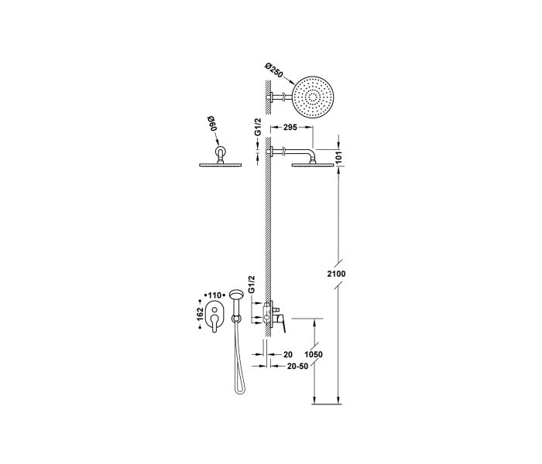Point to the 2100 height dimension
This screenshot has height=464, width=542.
tap(337, 275)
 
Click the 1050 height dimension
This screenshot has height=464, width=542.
tap(313, 354)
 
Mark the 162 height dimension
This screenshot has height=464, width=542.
tap(200, 313)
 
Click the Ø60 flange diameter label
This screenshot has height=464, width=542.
tap(214, 122)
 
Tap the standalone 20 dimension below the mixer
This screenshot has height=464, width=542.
tap(287, 355)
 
